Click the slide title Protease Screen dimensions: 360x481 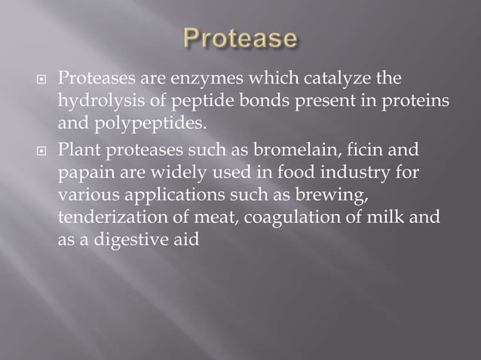coord(240,41)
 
